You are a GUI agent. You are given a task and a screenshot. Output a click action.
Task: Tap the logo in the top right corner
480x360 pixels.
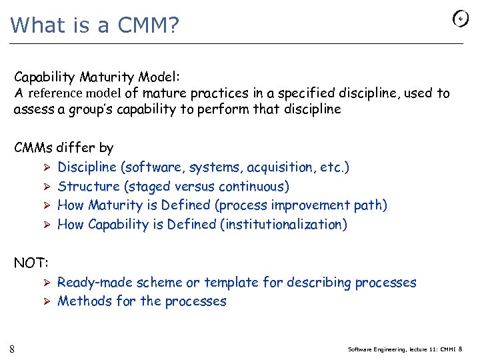[461, 19]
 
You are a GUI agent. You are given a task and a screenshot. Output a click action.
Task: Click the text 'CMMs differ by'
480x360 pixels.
[64, 148]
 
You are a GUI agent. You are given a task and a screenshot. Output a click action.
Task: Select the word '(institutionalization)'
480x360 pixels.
[283, 225]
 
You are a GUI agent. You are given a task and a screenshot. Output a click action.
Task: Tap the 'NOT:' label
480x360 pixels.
[31, 263]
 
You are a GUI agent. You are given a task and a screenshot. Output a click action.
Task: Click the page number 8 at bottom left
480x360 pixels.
[13, 349]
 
